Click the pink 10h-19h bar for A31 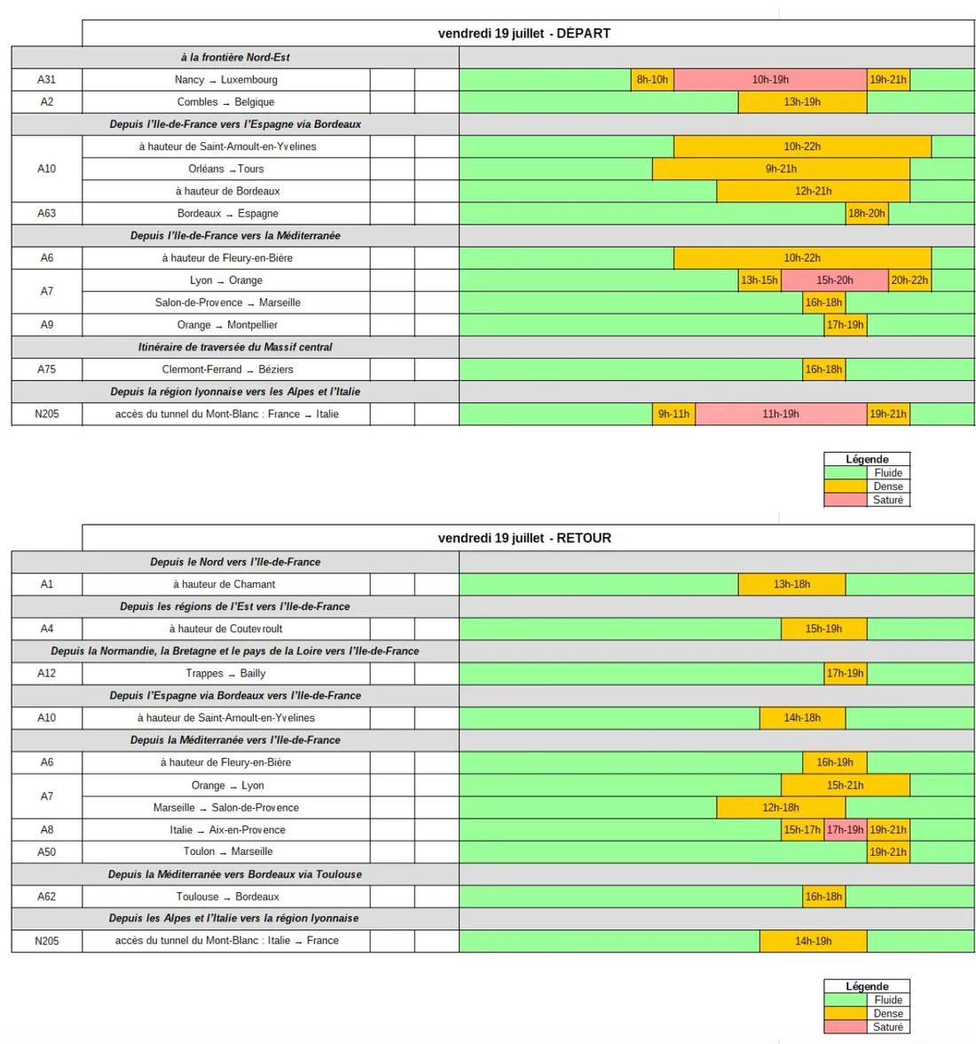click(x=770, y=80)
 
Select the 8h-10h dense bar click(x=652, y=80)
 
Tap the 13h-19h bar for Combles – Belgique click(x=802, y=102)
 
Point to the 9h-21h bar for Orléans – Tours click(x=781, y=169)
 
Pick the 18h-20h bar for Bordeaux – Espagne click(x=866, y=213)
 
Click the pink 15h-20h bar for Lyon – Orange click(x=834, y=281)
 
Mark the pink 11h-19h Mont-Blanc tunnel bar click(x=781, y=414)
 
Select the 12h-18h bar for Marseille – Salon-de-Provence click(x=781, y=808)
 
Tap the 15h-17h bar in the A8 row click(x=802, y=830)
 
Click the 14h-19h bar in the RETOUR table click(x=813, y=941)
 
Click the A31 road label click(x=46, y=80)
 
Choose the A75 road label click(x=46, y=369)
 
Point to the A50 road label click(x=46, y=852)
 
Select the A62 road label click(x=46, y=897)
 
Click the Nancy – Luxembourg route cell click(x=226, y=80)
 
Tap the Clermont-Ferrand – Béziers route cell click(x=227, y=369)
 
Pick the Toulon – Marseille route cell click(x=227, y=851)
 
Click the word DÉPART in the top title click(x=583, y=34)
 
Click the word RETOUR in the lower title click(x=584, y=538)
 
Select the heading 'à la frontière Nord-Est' click(x=235, y=58)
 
